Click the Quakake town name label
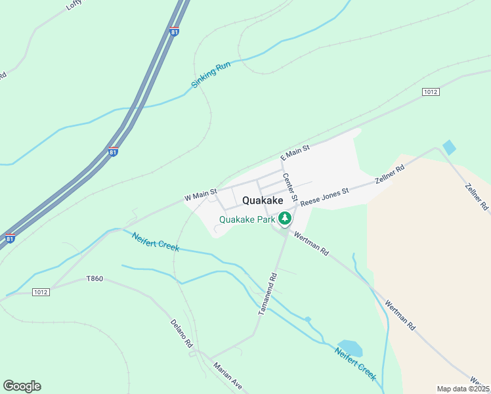(263, 200)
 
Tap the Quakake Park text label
(247, 220)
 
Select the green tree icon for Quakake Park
(285, 218)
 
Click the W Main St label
(200, 195)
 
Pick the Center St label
(291, 186)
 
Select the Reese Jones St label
(325, 195)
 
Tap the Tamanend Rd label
(268, 292)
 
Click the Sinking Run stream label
(211, 76)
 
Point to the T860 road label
(95, 279)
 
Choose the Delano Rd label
(182, 333)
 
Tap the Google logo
(22, 386)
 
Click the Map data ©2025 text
(462, 389)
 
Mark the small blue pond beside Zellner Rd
(449, 147)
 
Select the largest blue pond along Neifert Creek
(349, 347)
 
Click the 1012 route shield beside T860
(41, 291)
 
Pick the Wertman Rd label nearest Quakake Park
(311, 242)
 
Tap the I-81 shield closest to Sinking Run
(174, 32)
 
